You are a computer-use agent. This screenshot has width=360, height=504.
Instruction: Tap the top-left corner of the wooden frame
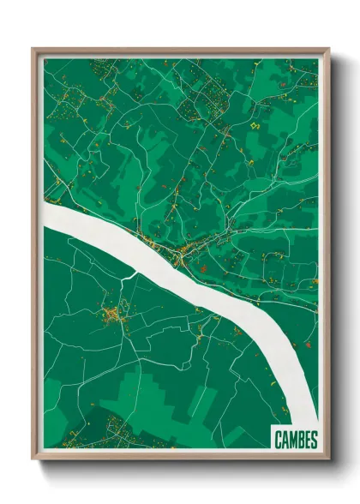[33, 49]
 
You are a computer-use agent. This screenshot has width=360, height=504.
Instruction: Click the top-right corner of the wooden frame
[328, 49]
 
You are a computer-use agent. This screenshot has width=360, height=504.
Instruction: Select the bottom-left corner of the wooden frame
[33, 459]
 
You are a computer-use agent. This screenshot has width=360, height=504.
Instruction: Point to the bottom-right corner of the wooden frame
[328, 459]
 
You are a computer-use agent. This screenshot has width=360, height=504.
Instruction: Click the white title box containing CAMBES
[296, 439]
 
